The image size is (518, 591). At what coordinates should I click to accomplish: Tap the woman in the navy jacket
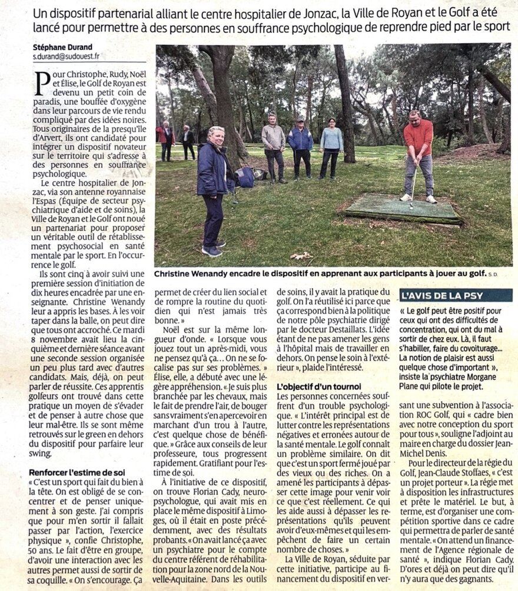click(212, 189)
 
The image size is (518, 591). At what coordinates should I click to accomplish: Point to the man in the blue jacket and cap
click(301, 147)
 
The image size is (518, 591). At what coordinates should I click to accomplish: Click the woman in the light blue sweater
click(331, 147)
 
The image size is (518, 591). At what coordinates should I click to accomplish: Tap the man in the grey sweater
click(273, 147)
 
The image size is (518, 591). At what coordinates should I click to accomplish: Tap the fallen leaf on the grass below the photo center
click(301, 255)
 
